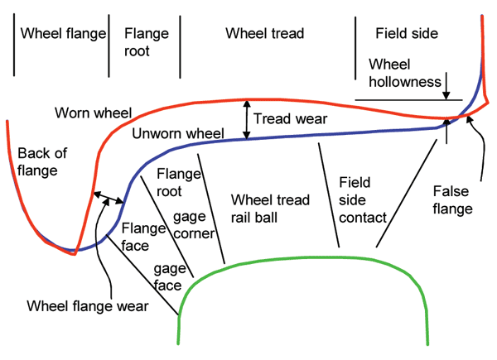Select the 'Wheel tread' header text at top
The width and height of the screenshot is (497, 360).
(265, 34)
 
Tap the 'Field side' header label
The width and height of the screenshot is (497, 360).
(407, 34)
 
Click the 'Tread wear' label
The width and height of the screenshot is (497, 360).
(290, 119)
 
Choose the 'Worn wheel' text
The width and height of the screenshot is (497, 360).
(88, 112)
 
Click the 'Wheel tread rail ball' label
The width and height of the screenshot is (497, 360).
(270, 209)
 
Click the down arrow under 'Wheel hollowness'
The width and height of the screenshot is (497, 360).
(447, 84)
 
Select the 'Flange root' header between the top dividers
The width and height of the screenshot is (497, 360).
(146, 42)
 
